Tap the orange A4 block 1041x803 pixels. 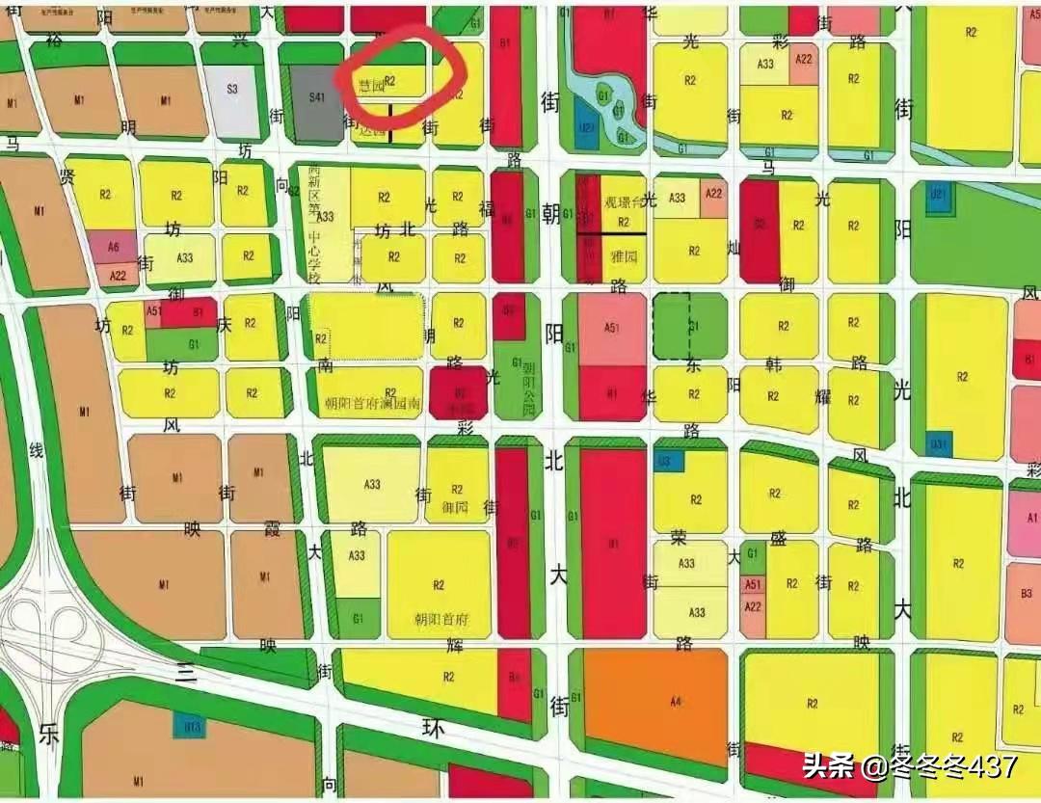(x=656, y=705)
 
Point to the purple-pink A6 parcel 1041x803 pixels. (x=115, y=247)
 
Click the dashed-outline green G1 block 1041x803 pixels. (x=690, y=327)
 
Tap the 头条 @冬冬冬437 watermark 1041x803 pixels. (x=910, y=767)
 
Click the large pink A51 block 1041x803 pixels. (x=612, y=329)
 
